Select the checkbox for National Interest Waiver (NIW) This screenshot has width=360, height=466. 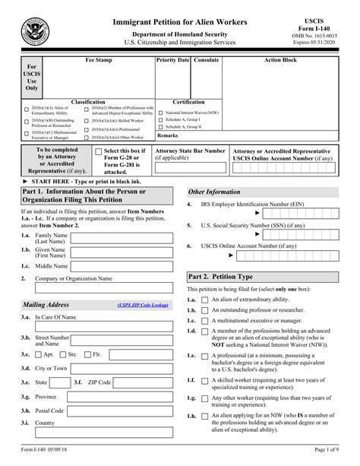coord(160,113)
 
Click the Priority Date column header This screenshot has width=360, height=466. coord(172,59)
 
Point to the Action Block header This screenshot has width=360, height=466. coord(280,59)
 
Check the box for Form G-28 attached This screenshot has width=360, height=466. coord(96,152)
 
